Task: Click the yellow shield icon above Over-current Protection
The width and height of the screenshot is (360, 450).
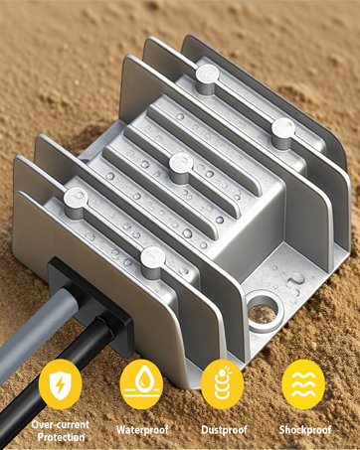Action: click(60, 384)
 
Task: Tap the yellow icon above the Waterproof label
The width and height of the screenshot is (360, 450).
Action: click(141, 384)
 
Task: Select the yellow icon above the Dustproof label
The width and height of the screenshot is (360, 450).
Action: click(223, 384)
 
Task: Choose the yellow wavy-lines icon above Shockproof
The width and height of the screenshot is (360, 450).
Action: click(303, 384)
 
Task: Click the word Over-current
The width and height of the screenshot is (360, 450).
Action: click(61, 425)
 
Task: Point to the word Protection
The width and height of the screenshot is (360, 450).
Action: click(61, 437)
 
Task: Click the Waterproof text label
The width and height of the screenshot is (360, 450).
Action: click(142, 430)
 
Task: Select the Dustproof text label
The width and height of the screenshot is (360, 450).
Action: click(224, 430)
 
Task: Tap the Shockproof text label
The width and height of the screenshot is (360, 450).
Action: click(305, 430)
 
